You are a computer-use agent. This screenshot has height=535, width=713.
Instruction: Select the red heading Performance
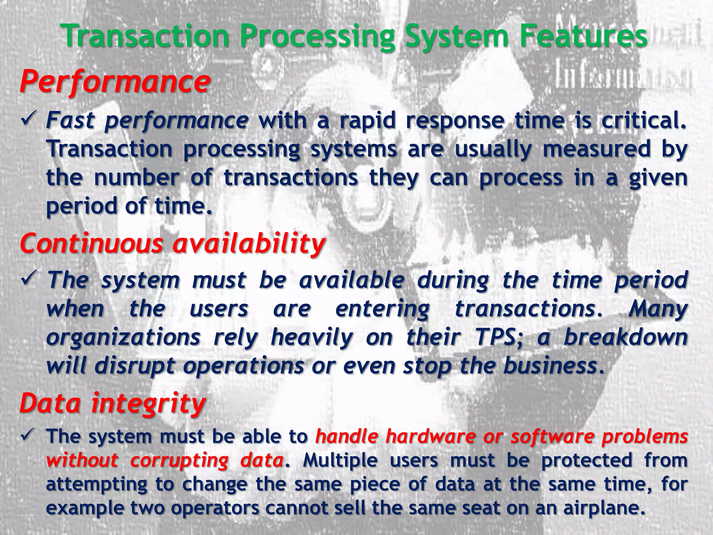tap(115, 82)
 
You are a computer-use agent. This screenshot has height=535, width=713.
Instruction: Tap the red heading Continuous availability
tap(173, 243)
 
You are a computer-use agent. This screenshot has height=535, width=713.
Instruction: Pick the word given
tap(658, 178)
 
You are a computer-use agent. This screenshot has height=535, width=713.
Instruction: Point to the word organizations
tap(124, 337)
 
